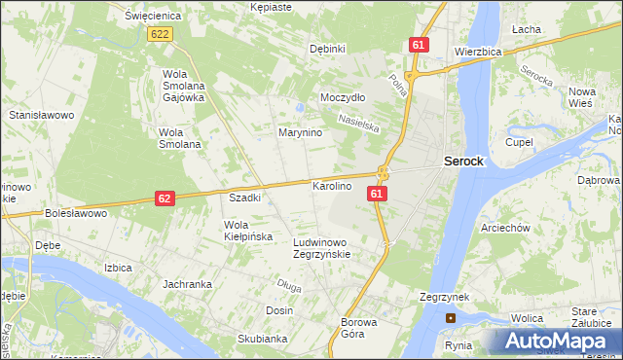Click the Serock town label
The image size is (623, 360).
[463, 162]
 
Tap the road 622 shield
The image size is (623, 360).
[162, 34]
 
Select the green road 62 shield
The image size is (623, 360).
[165, 198]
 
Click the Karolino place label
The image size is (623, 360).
[331, 185]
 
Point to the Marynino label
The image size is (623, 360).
[300, 132]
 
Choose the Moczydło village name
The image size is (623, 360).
[343, 98]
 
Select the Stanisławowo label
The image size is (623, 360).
[42, 115]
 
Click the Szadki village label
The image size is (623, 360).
[244, 198]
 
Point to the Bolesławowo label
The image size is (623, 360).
[74, 212]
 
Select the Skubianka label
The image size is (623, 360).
[261, 339]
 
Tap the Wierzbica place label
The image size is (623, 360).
[477, 51]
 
